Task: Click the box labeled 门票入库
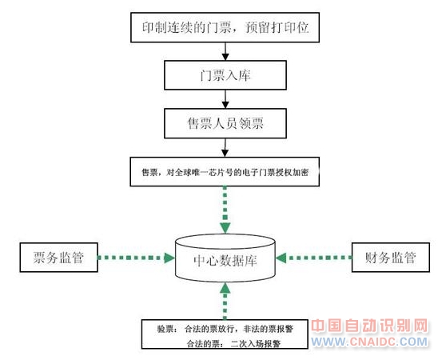225,75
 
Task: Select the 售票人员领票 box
225,123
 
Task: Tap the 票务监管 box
58,258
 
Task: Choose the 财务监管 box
390,258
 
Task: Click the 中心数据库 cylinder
225,258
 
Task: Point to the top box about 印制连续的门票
225,27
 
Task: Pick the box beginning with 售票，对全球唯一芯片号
225,172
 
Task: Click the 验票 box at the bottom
225,334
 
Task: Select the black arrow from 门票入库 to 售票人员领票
225,99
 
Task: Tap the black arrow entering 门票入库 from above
225,51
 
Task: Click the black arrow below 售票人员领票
225,148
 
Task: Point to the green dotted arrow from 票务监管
137,258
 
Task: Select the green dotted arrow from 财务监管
313,258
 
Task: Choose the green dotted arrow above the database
225,210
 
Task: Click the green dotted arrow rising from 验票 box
225,301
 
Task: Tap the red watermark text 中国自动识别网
369,326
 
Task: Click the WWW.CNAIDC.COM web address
369,342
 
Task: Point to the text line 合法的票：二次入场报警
233,344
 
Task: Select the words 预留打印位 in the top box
277,28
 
